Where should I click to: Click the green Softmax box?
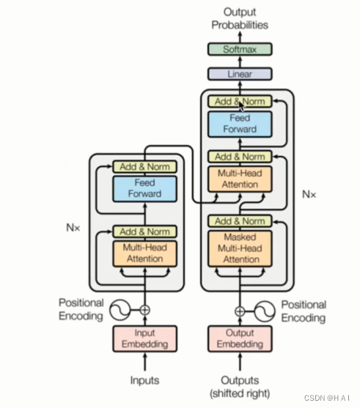click(x=240, y=49)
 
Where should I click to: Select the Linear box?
click(x=240, y=74)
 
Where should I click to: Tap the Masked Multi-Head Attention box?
click(x=240, y=248)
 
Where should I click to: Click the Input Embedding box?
click(x=145, y=338)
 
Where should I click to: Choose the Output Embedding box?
click(x=240, y=338)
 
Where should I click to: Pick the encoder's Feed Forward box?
click(x=145, y=189)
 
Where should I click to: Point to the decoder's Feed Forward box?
click(x=240, y=124)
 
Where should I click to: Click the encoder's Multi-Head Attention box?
click(x=145, y=253)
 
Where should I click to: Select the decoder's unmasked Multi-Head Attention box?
click(x=240, y=179)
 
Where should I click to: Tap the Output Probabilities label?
click(x=240, y=18)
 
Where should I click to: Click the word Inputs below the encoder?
click(x=145, y=380)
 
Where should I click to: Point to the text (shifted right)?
click(x=240, y=393)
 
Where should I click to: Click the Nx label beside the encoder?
click(x=73, y=228)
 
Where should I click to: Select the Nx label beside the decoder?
click(x=309, y=194)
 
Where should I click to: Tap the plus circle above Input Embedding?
click(x=145, y=310)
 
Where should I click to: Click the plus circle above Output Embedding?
click(x=240, y=311)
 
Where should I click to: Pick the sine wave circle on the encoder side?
click(x=120, y=310)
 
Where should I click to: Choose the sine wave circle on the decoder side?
click(x=265, y=311)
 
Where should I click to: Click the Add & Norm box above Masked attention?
click(x=240, y=221)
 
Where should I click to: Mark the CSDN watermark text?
click(x=327, y=398)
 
